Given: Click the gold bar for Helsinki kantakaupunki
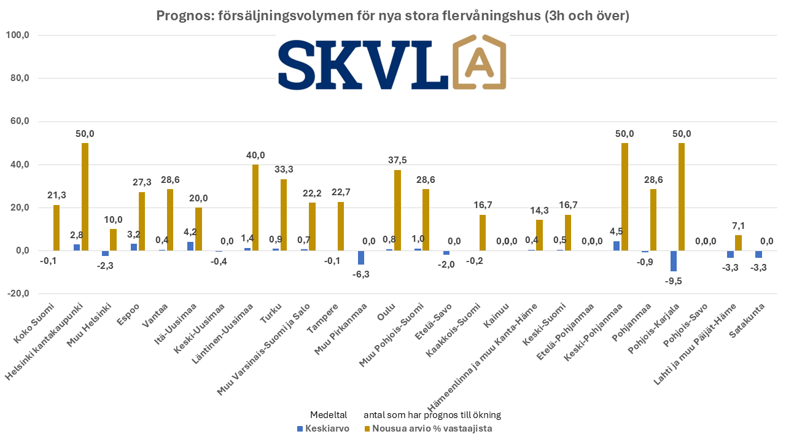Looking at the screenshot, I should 85,196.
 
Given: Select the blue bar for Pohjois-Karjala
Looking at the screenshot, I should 674,261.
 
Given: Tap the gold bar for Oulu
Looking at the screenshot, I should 397,210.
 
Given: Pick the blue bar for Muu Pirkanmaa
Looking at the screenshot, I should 361,257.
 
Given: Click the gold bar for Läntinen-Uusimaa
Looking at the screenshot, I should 255,207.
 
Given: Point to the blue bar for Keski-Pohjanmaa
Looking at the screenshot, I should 617,246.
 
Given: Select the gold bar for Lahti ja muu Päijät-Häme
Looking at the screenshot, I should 738,242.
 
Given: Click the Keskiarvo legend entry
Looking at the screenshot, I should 323,428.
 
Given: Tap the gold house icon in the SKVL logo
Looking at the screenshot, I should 480,63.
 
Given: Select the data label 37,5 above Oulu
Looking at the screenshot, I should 397,161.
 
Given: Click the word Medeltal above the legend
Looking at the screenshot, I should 329,415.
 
